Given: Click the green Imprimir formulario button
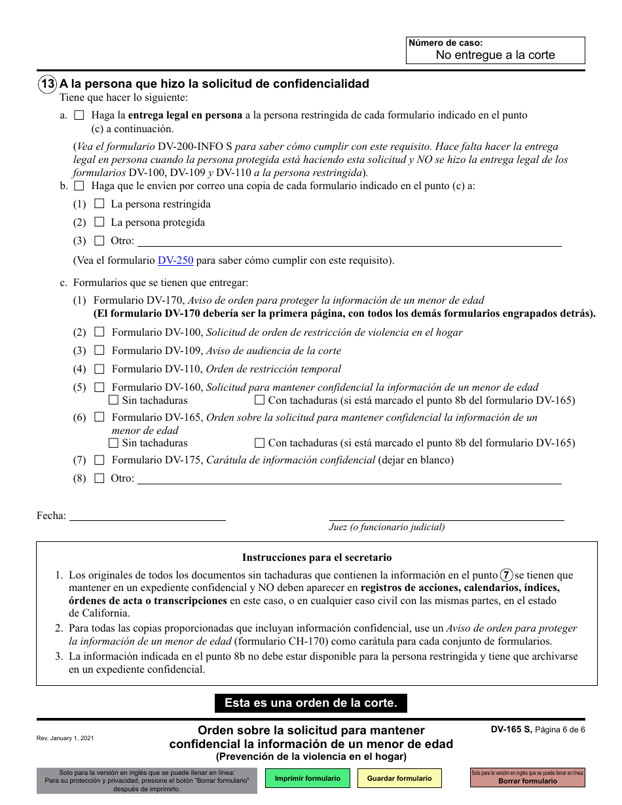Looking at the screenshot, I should (307, 778).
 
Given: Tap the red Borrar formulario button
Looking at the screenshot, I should (527, 778).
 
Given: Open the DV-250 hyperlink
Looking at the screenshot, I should (175, 260).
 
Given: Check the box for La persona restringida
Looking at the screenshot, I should (100, 204).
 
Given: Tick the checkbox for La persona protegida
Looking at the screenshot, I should (100, 222).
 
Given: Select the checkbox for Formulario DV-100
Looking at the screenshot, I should (100, 332).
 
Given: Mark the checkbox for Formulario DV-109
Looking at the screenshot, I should (100, 350).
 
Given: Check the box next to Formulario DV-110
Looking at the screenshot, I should (100, 368).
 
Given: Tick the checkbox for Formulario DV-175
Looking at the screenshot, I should (100, 459).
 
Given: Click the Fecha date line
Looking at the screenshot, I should (147, 515).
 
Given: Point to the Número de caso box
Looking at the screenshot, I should (495, 50).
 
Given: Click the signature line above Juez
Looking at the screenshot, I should (446, 516).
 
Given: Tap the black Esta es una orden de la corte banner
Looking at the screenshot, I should (311, 703).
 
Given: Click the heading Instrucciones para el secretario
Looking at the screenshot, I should (317, 558).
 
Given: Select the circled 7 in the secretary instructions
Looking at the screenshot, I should (506, 575).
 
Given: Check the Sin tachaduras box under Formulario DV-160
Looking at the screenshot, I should (114, 400).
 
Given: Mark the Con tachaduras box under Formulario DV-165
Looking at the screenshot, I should (259, 442).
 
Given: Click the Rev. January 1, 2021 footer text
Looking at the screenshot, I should (65, 738).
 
